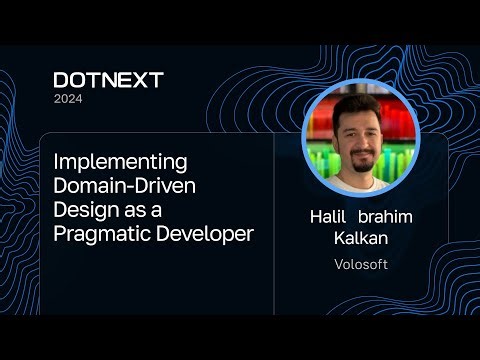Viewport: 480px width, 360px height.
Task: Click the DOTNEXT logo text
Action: click(108, 80)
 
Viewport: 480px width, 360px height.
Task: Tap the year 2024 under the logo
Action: click(68, 99)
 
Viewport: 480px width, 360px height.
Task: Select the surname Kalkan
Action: click(360, 240)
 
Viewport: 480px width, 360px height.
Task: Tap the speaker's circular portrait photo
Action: click(360, 139)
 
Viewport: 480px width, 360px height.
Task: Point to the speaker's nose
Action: click(357, 143)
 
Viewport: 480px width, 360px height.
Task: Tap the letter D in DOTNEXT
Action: click(62, 80)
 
